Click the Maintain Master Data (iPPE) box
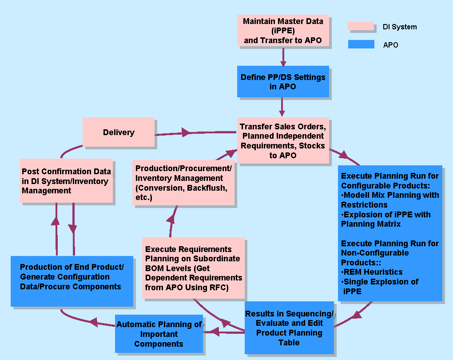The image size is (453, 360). [x=283, y=31]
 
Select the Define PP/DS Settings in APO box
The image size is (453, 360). [x=283, y=82]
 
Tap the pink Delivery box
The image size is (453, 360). [x=119, y=132]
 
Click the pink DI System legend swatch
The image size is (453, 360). [x=361, y=26]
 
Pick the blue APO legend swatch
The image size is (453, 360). [x=361, y=44]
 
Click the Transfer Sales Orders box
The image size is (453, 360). [x=282, y=140]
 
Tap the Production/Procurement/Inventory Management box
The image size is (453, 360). [x=184, y=183]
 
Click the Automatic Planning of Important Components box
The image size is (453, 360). [x=159, y=334]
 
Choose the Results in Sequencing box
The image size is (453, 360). [x=289, y=328]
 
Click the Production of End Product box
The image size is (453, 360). [x=72, y=281]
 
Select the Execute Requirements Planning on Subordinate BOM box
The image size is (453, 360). [x=194, y=268]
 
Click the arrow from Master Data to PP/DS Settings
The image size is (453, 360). [x=283, y=56]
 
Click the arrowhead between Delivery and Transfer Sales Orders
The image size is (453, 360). [x=186, y=132]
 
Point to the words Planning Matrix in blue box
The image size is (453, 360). [x=371, y=224]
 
